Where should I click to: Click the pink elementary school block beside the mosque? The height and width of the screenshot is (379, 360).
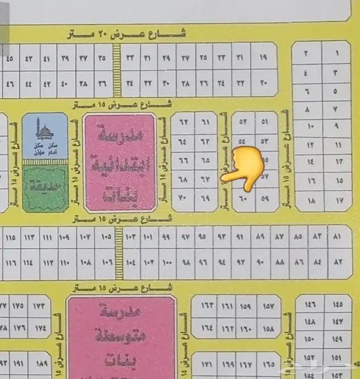(x=119, y=162)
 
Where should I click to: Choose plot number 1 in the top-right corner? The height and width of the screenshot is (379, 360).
(x=337, y=53)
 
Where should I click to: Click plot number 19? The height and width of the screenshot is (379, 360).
(x=264, y=58)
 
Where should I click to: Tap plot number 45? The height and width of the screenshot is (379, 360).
(x=9, y=58)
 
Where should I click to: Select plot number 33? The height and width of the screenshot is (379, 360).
(x=130, y=58)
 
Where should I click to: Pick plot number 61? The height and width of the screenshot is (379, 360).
(x=206, y=122)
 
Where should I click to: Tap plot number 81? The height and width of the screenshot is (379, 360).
(x=337, y=237)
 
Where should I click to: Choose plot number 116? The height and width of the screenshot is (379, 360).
(x=10, y=262)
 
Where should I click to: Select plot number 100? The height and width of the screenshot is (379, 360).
(x=168, y=262)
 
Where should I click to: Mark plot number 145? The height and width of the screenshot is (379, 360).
(x=337, y=304)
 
